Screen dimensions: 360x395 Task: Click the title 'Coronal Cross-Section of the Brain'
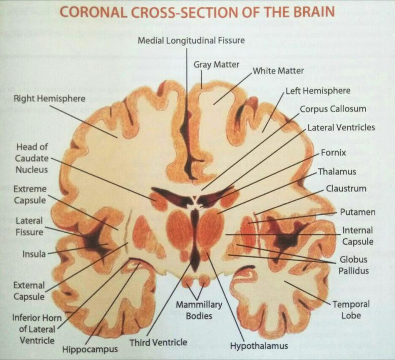(x=197, y=12)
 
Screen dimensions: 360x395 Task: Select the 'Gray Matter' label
(x=216, y=65)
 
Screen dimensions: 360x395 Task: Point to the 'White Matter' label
(x=278, y=71)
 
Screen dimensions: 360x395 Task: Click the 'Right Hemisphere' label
(x=49, y=98)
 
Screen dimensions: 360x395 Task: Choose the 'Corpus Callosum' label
(x=333, y=109)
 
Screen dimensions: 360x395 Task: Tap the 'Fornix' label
(x=333, y=152)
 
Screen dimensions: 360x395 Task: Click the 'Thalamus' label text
(x=337, y=172)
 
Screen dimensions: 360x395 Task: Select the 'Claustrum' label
(x=346, y=189)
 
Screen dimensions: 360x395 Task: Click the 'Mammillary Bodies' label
(x=199, y=310)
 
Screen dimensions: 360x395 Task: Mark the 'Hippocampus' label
(x=90, y=349)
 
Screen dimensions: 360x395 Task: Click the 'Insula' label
(x=34, y=254)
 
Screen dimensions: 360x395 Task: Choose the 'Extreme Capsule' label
(x=30, y=195)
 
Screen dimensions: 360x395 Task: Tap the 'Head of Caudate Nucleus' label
(x=32, y=158)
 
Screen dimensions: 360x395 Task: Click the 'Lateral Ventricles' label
(x=341, y=127)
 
